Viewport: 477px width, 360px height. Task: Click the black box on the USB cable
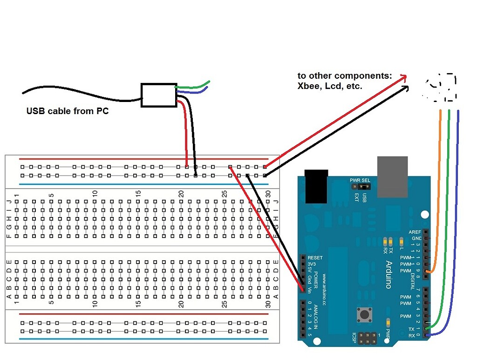[158, 95]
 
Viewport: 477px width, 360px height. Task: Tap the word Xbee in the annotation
[309, 86]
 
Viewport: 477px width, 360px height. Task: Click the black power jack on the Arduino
[317, 186]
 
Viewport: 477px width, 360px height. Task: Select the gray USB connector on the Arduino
[392, 177]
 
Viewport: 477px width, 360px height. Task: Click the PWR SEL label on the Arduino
[360, 180]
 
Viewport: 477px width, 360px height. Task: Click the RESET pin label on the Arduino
[315, 258]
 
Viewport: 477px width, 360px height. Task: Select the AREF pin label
[415, 232]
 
